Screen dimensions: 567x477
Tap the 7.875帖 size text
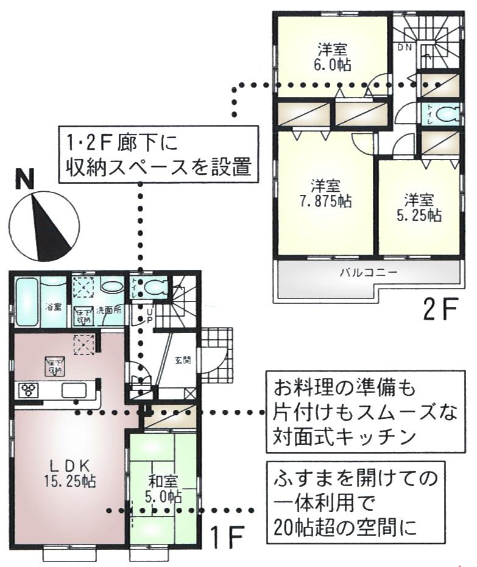(326, 202)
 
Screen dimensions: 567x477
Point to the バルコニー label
(369, 272)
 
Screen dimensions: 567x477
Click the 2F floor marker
(440, 311)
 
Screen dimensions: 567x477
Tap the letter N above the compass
(25, 180)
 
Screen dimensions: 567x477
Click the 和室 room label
(163, 479)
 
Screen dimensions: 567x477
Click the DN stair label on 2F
(405, 47)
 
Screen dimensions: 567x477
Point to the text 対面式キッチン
(345, 437)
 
